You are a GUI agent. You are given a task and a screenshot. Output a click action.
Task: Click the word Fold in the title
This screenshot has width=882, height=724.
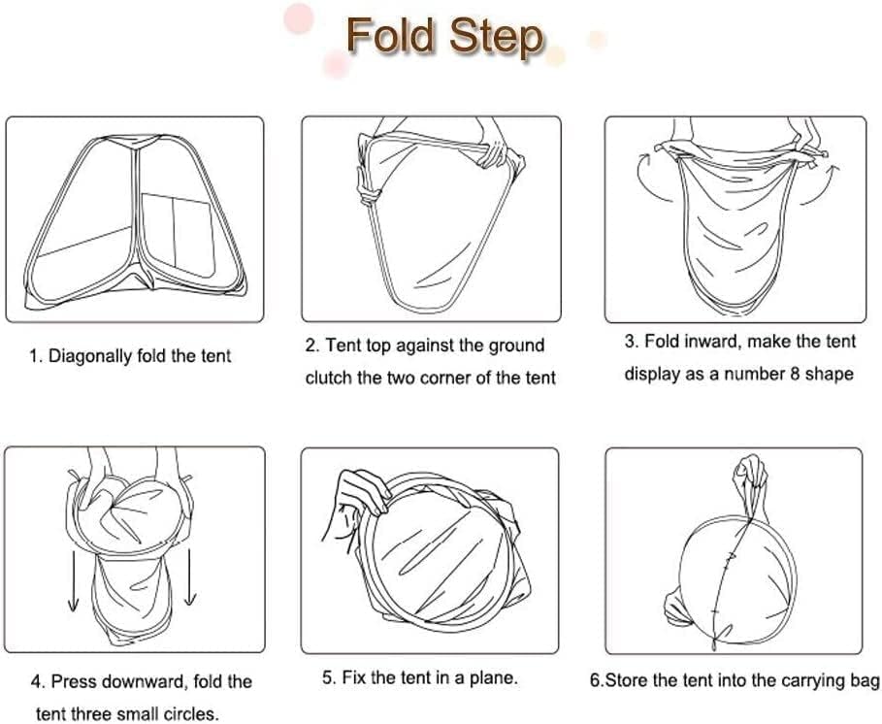[391, 36]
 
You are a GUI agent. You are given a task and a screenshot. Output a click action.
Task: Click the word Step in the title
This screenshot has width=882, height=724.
[496, 38]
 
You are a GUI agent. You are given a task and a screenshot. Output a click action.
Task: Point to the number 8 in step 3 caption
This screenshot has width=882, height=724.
[795, 374]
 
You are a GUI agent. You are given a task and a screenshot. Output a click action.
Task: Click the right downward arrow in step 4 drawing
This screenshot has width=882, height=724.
[191, 576]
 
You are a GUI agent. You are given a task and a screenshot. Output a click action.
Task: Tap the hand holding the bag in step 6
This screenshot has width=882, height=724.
[749, 478]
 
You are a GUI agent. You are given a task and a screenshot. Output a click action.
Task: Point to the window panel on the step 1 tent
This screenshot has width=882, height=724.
[178, 235]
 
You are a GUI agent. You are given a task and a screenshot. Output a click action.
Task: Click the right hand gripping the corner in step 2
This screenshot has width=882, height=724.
[495, 148]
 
